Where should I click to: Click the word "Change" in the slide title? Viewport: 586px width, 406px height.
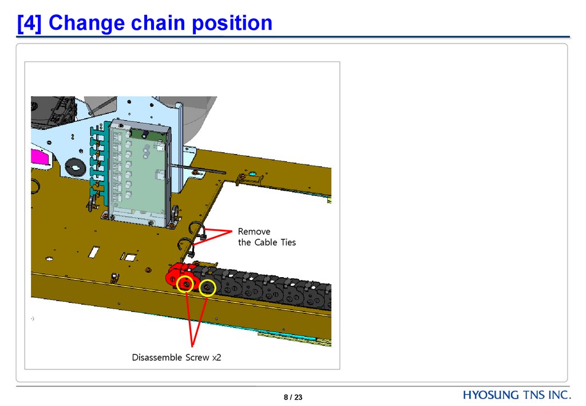(x=86, y=23)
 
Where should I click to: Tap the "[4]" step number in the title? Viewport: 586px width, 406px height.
(x=29, y=23)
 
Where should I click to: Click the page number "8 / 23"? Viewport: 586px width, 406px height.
(x=292, y=397)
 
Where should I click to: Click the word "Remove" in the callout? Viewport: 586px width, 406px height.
(x=254, y=232)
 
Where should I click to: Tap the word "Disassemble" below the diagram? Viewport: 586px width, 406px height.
(x=157, y=358)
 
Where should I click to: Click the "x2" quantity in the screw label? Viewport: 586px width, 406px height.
(x=216, y=358)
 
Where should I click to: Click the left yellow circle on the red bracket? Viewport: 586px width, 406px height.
(x=185, y=284)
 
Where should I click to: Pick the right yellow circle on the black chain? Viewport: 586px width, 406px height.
(x=207, y=288)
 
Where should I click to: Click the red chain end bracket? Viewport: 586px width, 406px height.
(x=176, y=275)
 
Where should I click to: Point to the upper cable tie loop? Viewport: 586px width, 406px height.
(x=197, y=226)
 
